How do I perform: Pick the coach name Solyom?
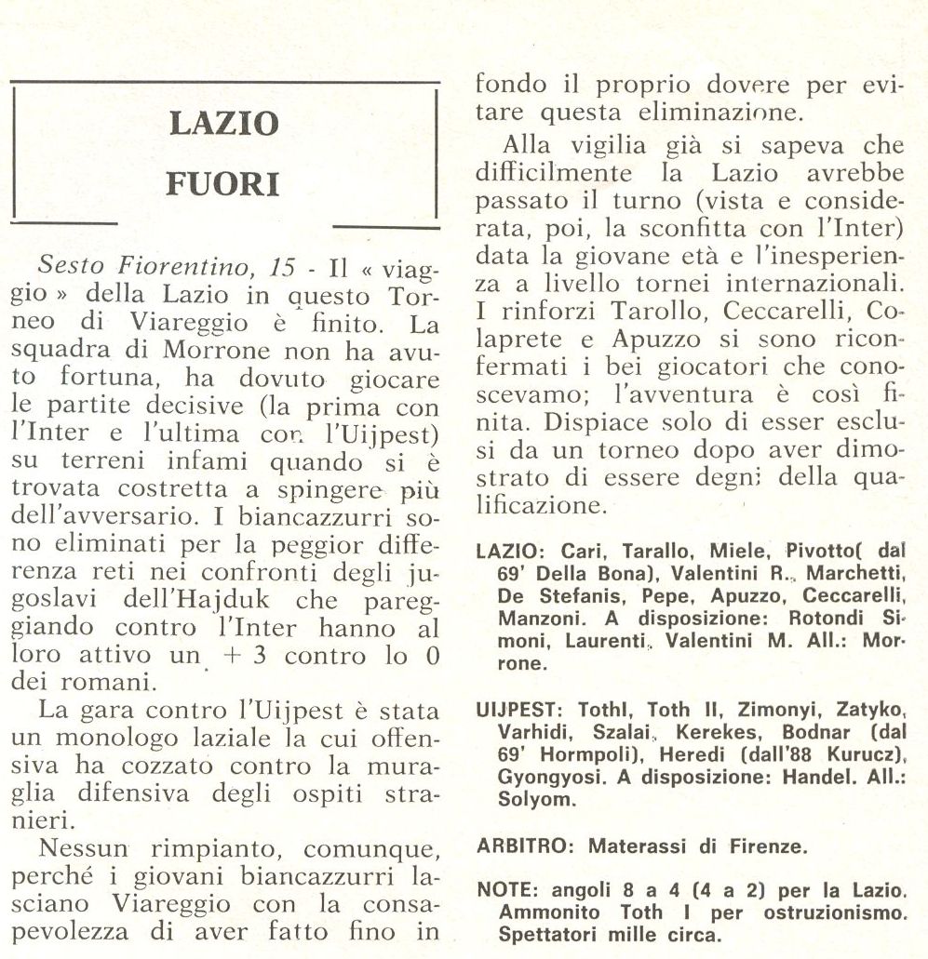[528, 800]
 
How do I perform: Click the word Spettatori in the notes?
[545, 935]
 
